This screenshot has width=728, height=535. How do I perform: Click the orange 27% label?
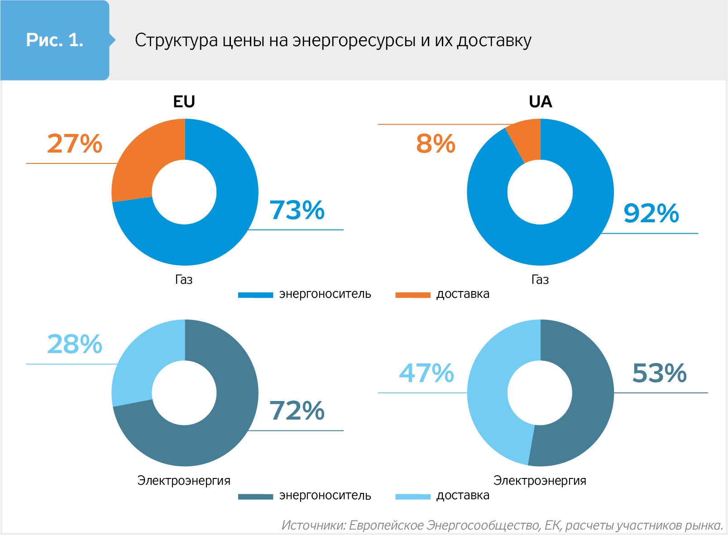point(75,143)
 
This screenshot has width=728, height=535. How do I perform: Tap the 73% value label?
point(297,210)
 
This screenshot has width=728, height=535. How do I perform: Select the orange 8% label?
point(436,143)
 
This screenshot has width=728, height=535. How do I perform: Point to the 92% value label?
point(651,213)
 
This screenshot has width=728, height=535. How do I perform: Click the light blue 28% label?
point(75,344)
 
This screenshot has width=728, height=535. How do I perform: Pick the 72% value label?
point(297,411)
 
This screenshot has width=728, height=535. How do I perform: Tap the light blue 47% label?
point(426,373)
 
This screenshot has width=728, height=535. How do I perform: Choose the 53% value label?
point(659,373)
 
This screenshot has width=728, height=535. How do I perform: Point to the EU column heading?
point(184,102)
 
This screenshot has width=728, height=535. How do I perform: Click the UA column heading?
point(540,102)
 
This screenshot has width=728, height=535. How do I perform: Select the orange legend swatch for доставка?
point(412,295)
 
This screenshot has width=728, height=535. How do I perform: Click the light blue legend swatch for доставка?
point(412,497)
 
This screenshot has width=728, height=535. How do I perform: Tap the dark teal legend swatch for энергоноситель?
point(255,497)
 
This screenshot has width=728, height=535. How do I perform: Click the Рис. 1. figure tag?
point(55,40)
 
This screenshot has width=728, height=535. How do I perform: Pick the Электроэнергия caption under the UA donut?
point(540,480)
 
